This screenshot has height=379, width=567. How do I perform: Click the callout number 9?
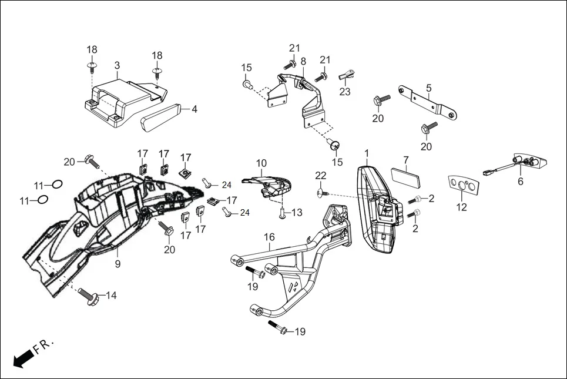[x=118, y=264]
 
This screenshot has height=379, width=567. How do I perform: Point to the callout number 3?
[x=117, y=65]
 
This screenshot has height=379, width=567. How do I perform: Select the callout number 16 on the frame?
[x=269, y=237]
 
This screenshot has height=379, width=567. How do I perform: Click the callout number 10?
[x=261, y=163]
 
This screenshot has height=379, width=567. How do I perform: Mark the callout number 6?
[x=520, y=183]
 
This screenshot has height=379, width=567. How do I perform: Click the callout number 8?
[x=303, y=61]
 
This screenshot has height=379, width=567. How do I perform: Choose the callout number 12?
[x=462, y=207]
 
